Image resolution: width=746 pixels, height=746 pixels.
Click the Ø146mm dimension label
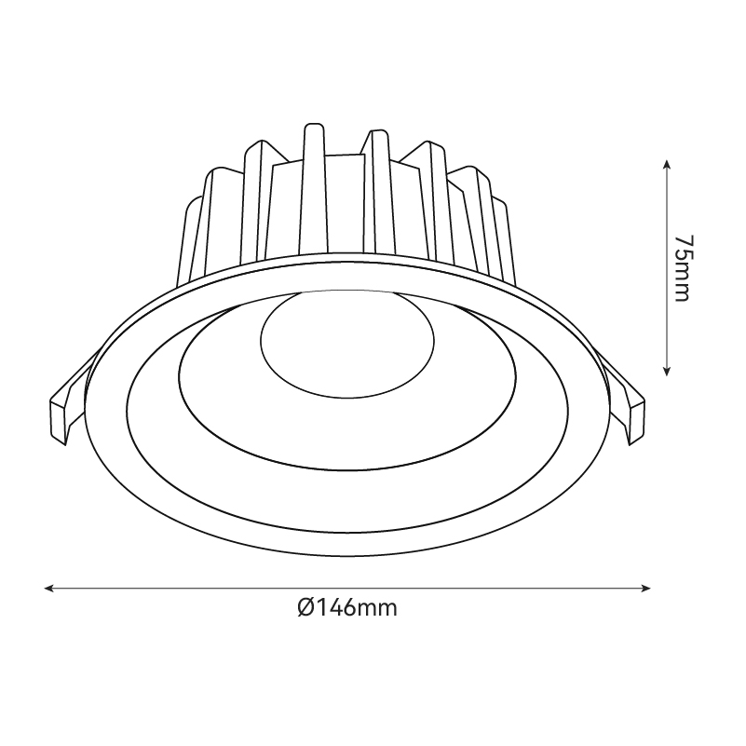tap(347, 607)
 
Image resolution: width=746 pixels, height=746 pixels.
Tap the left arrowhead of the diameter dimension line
tap(49, 589)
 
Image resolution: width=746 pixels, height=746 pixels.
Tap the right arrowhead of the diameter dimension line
tap(646, 589)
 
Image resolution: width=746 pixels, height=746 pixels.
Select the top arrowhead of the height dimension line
tap(667, 165)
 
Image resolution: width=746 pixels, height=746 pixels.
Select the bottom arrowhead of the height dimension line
tap(667, 372)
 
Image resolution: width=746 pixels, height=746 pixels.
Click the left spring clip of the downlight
tap(72, 400)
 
